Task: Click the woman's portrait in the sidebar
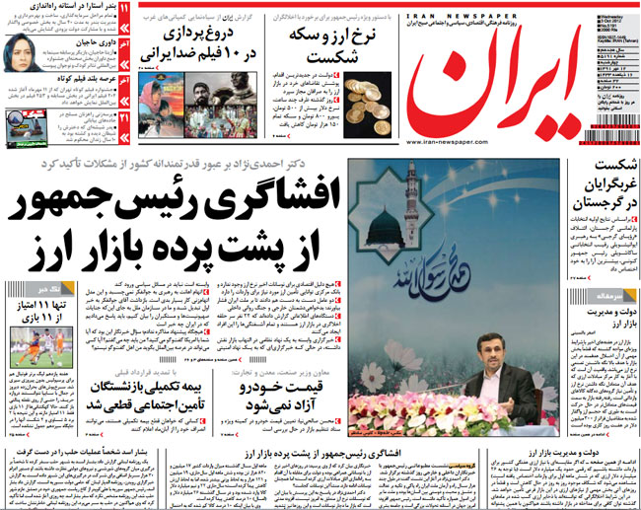coord(24,50)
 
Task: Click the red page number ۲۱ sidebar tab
coord(123,118)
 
